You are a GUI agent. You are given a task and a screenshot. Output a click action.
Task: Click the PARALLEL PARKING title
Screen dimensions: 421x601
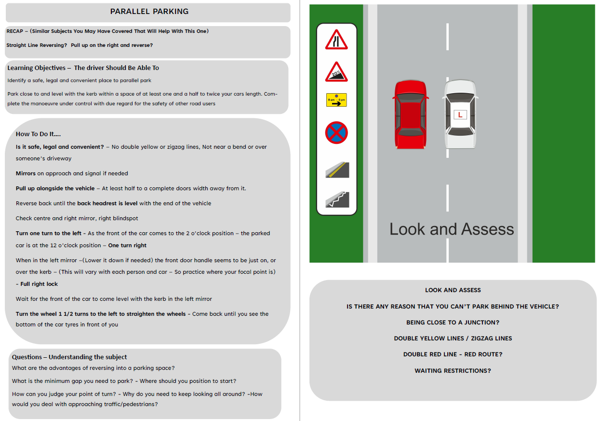(149, 12)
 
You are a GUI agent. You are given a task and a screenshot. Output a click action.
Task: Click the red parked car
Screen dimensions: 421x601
(410, 115)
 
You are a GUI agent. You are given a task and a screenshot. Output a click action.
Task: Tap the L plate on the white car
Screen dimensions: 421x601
(460, 114)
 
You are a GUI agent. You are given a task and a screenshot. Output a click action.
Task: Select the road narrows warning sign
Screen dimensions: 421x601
(336, 40)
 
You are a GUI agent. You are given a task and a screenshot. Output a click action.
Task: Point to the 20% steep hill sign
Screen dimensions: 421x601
(336, 72)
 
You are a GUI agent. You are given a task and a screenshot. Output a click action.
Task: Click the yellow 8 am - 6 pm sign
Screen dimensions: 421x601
(336, 100)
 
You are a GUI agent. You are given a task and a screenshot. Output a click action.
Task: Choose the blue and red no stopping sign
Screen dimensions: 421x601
(336, 132)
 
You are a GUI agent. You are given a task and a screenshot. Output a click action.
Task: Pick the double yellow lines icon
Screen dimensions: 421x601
(337, 169)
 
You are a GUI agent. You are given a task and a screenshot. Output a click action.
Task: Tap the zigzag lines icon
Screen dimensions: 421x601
(337, 199)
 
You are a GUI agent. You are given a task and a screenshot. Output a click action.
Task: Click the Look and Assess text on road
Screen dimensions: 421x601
(452, 229)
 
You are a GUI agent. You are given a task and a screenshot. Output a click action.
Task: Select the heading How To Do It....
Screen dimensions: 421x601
(38, 134)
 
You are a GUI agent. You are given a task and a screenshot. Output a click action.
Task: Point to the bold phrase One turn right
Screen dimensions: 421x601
(127, 245)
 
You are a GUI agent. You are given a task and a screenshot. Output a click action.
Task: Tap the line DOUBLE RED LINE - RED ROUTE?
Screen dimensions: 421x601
(453, 354)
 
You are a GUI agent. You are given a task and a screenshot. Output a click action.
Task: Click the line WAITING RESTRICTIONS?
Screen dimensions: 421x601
(453, 371)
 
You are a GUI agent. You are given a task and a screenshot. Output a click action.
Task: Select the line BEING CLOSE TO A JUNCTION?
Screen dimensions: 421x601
(453, 323)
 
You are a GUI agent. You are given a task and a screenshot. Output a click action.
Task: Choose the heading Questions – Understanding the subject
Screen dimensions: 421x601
(69, 357)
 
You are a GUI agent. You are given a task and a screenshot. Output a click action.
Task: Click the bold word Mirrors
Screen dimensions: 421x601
(26, 173)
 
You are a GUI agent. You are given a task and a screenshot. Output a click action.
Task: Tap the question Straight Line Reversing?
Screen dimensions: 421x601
(37, 45)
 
